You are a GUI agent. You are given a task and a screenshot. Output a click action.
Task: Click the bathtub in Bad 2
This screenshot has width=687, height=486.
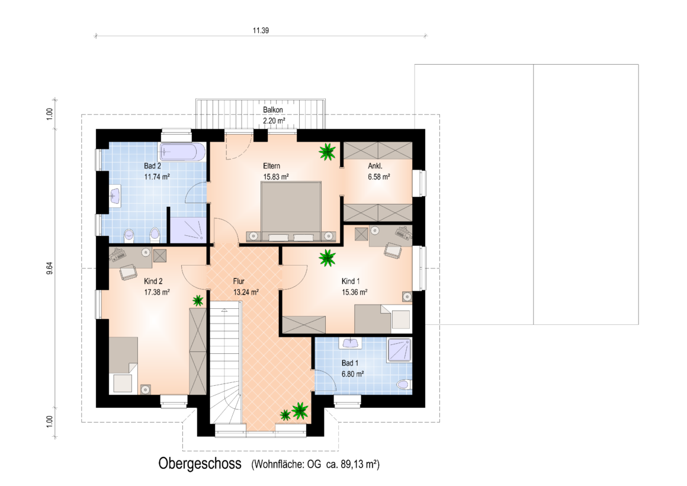(182, 152)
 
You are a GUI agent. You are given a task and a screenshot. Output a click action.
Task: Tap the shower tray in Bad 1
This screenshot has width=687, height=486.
(399, 350)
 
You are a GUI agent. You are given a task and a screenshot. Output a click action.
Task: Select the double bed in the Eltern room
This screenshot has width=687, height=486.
(291, 212)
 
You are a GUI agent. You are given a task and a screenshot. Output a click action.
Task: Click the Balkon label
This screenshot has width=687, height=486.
(273, 110)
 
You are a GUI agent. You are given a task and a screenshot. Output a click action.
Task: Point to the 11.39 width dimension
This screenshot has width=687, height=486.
(261, 31)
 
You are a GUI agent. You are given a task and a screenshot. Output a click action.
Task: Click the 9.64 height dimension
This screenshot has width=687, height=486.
(50, 268)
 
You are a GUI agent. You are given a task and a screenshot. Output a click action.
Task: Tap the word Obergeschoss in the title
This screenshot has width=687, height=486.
(200, 463)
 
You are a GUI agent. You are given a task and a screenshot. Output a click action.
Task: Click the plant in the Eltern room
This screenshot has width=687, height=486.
(328, 152)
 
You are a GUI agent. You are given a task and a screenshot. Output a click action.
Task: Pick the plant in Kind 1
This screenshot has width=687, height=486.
(328, 258)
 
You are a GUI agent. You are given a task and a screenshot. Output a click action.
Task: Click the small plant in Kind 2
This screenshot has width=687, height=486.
(198, 300)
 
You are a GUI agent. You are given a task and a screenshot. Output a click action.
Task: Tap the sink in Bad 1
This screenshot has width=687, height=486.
(349, 343)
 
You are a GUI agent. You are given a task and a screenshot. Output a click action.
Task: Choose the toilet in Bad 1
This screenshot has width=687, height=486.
(403, 385)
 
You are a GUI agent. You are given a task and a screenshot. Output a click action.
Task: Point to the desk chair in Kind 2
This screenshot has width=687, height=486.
(129, 272)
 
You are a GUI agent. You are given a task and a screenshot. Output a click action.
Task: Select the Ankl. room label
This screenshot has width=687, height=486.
(375, 166)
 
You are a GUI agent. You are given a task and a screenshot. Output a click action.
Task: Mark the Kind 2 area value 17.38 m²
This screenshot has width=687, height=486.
(157, 292)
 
